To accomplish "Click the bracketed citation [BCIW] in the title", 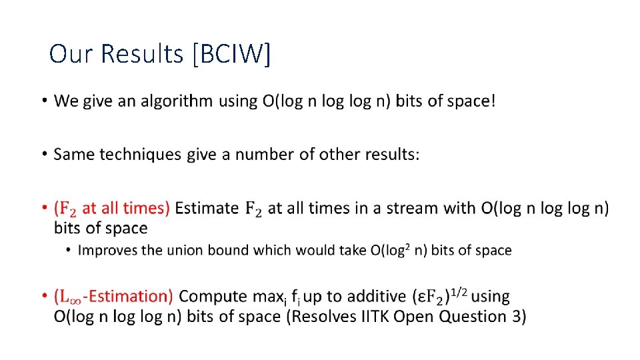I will coord(231,54).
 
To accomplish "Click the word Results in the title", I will coord(141,54).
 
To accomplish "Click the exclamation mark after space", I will coord(493,101).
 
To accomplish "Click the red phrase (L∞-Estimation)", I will coord(114,296).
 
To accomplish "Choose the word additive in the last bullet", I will coord(376,296).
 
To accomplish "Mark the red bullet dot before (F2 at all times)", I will coord(43,208).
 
